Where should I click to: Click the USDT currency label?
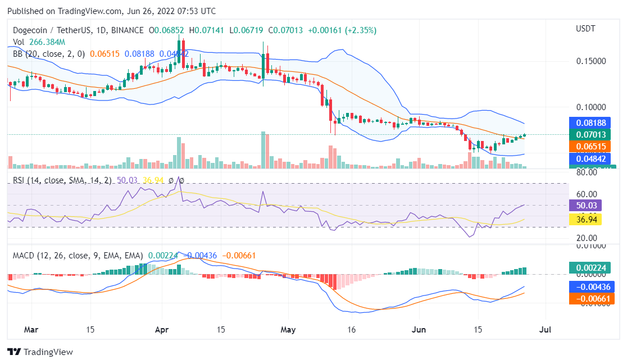click(585, 29)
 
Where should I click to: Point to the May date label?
click(288, 330)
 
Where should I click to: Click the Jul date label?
click(544, 330)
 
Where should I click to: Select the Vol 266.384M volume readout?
click(39, 42)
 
